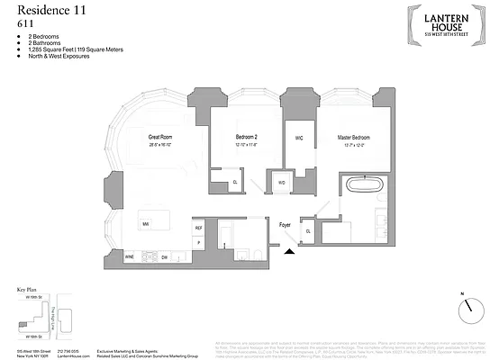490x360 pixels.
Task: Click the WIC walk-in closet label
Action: click(x=298, y=139)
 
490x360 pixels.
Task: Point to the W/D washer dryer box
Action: click(x=281, y=181)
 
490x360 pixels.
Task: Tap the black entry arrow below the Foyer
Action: click(x=289, y=254)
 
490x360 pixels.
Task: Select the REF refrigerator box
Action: click(x=199, y=229)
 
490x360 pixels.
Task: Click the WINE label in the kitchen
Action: click(x=130, y=256)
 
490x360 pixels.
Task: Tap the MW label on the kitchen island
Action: click(x=144, y=222)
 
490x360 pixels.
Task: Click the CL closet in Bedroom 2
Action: click(x=235, y=182)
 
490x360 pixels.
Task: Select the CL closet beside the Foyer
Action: click(x=308, y=231)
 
